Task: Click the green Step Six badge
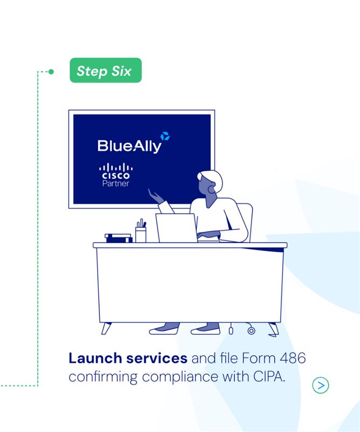point(105,70)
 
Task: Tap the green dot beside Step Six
point(51,72)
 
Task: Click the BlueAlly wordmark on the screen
point(129,146)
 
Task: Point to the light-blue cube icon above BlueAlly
point(165,136)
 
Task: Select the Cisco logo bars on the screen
point(116,167)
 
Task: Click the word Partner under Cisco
point(116,184)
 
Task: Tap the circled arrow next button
point(321,385)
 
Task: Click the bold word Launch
point(96,358)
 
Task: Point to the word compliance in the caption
point(180,377)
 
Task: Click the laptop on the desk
point(177,228)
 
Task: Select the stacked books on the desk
point(118,238)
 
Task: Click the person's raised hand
point(155,196)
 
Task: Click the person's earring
point(212,190)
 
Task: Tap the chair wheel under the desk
point(251,330)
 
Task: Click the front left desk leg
point(106,328)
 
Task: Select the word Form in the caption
point(259,358)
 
